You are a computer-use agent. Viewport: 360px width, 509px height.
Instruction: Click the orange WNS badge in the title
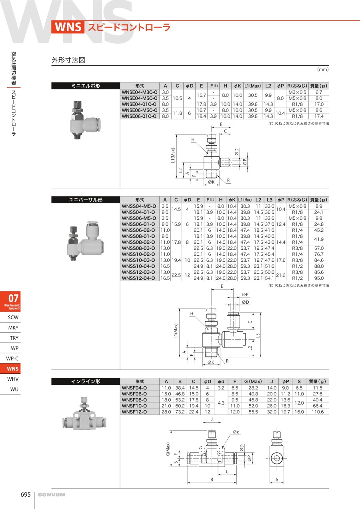coord(68,27)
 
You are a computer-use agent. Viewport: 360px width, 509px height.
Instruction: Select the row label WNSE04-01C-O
coord(139,104)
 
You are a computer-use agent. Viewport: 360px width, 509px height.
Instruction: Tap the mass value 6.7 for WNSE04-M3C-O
coord(319,92)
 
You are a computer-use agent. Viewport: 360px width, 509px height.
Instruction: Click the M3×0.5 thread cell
coord(297,92)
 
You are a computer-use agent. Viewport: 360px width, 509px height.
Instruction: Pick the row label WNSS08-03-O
coord(138,248)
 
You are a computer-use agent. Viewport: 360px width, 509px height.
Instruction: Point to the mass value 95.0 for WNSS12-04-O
coord(319,278)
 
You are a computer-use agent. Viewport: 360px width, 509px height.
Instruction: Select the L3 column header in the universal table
coord(269,200)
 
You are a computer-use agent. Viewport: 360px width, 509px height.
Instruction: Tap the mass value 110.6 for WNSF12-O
coord(318,411)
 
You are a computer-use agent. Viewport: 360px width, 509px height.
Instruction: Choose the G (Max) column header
coord(253,381)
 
